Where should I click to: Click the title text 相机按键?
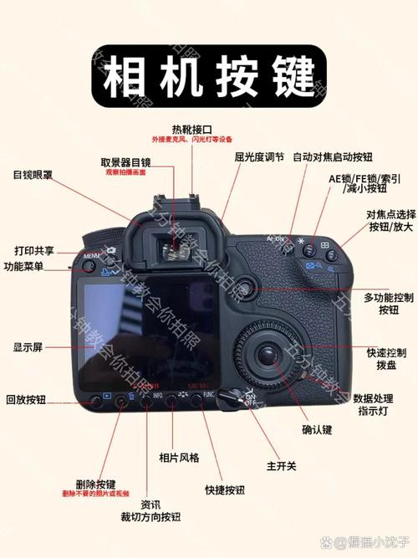[208, 78]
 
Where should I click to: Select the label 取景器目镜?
[125, 161]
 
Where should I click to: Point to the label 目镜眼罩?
[33, 175]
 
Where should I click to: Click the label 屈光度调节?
[259, 156]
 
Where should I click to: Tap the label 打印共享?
[34, 250]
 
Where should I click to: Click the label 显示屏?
[27, 346]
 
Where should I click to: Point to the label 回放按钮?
[28, 400]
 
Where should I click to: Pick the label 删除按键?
[94, 484]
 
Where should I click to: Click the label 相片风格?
[179, 458]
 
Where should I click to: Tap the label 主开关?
[281, 465]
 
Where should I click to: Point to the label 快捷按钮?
[225, 489]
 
